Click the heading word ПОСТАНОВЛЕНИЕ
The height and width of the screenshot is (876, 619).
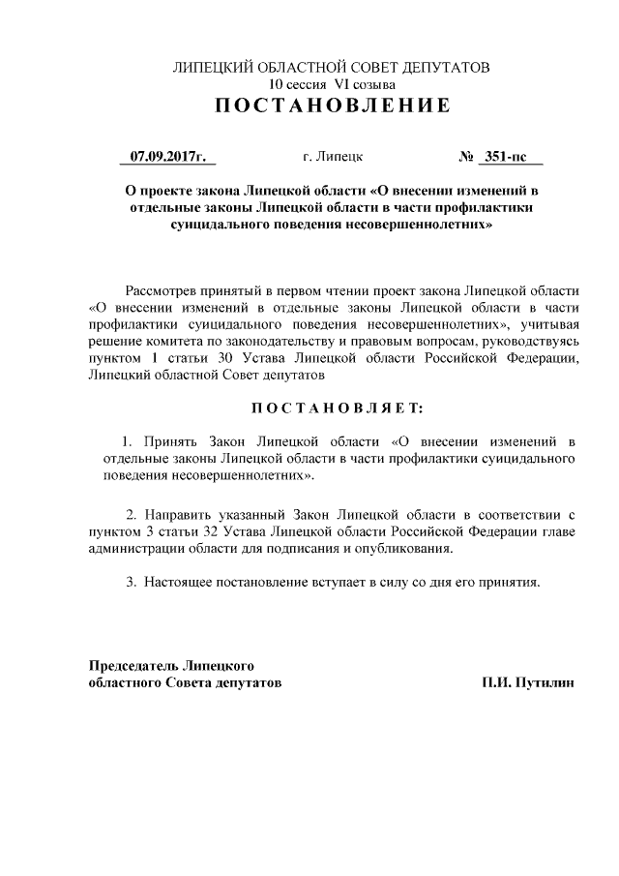[332, 106]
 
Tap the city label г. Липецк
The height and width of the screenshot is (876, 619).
[333, 156]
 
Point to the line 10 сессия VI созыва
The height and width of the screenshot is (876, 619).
[332, 84]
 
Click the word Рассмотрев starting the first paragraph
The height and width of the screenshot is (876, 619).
[163, 291]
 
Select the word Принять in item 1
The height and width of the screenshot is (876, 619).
[167, 442]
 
